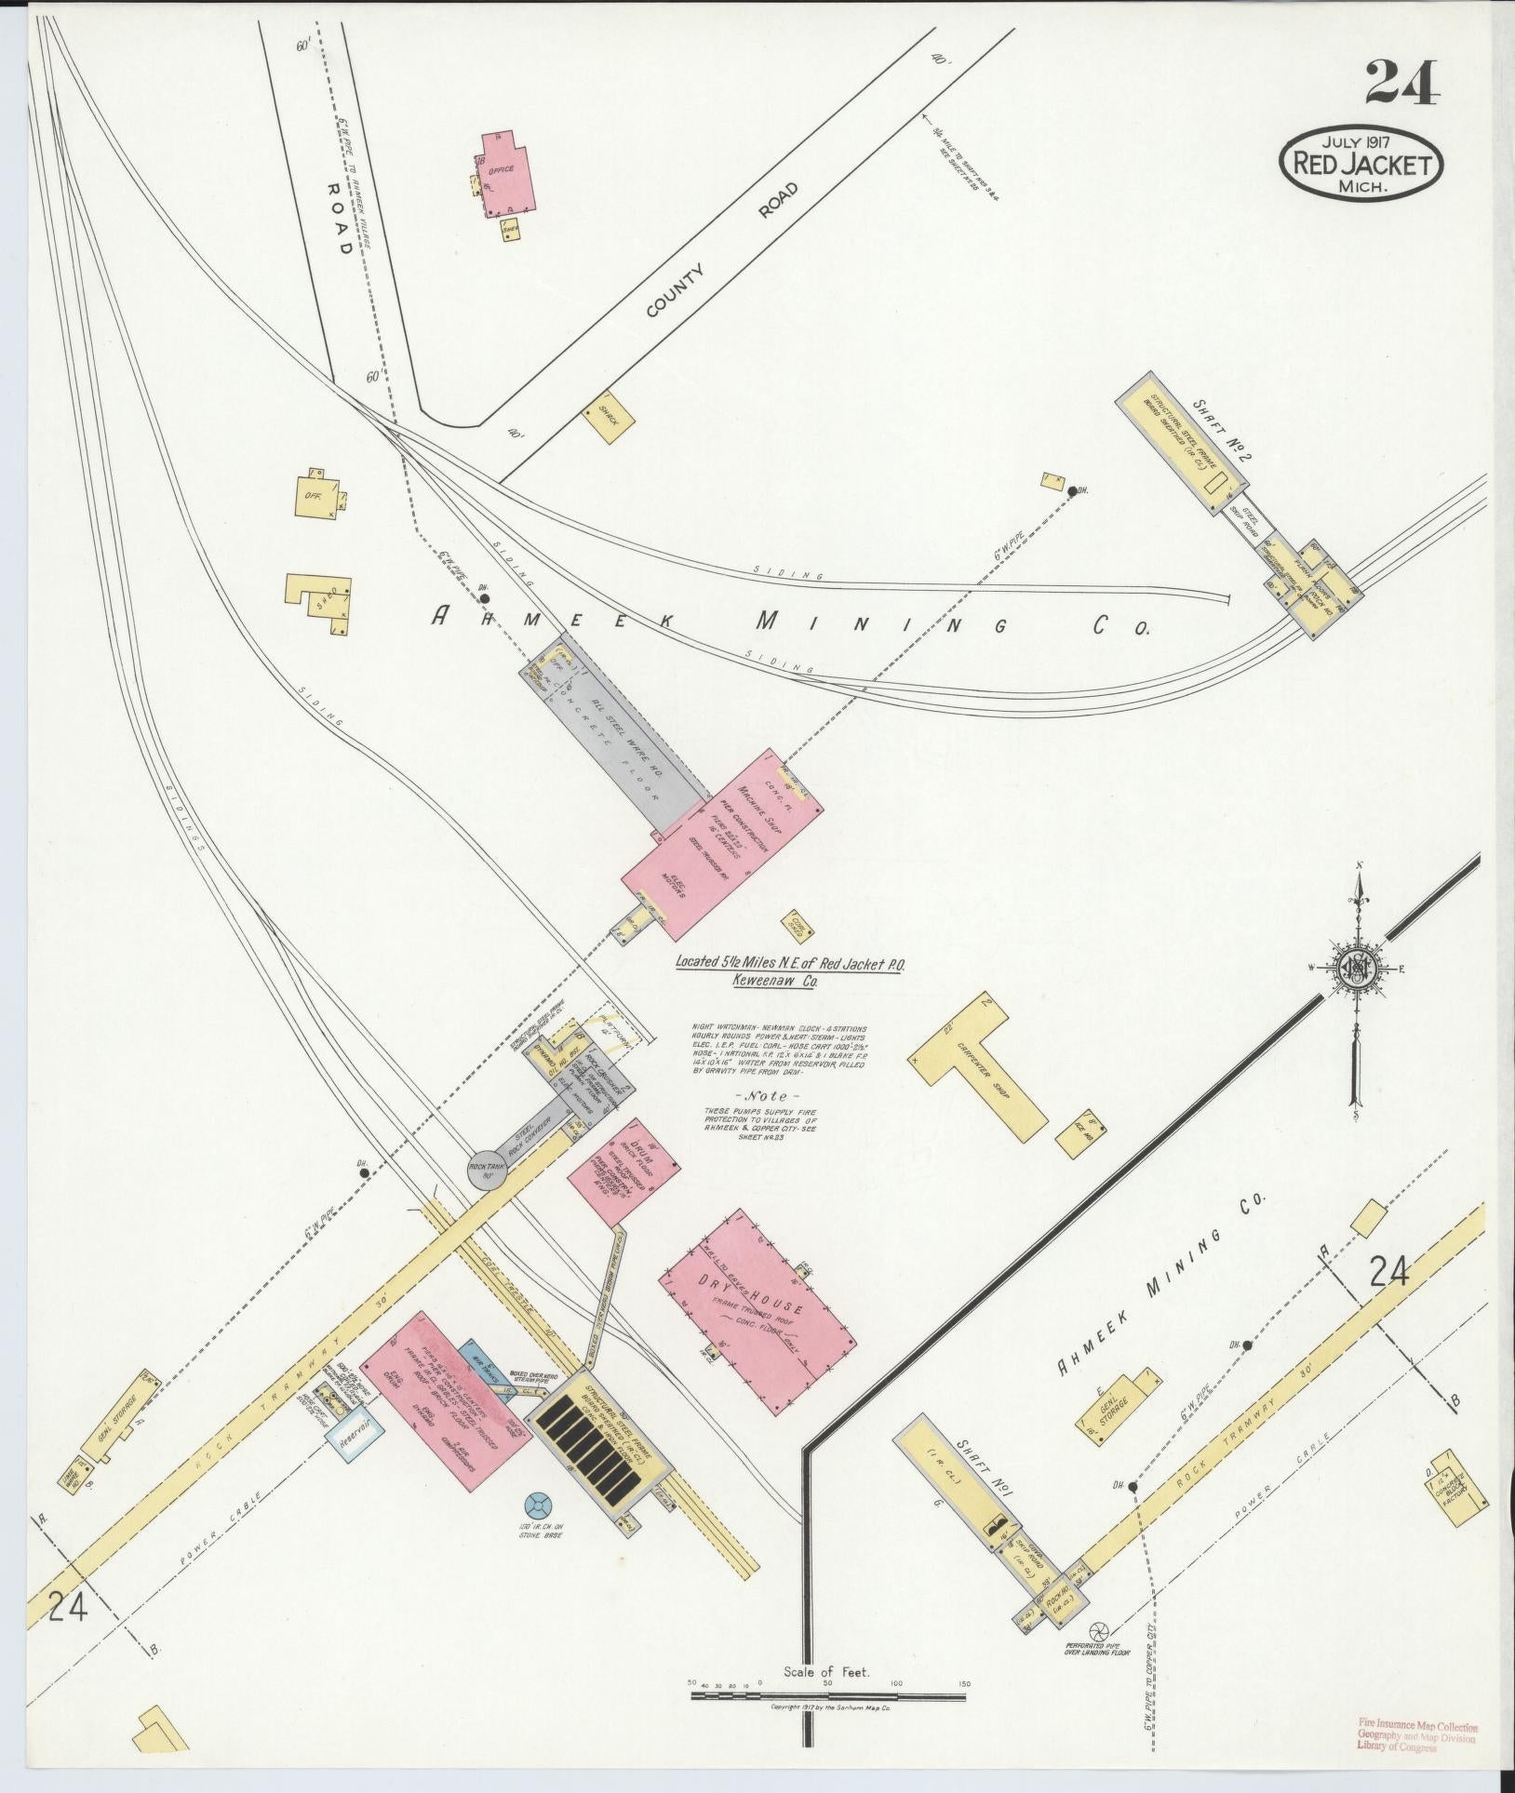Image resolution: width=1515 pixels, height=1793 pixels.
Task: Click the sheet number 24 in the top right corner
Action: [x=1404, y=83]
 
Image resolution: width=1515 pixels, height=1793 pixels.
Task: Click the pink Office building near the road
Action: [x=508, y=172]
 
